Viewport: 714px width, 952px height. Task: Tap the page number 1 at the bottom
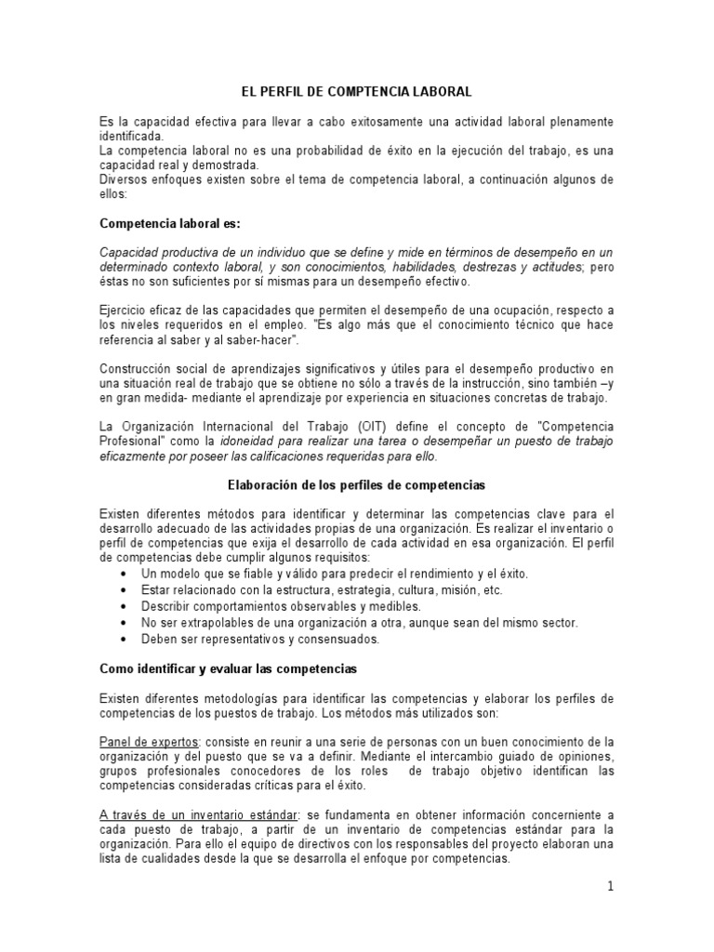pyautogui.click(x=610, y=887)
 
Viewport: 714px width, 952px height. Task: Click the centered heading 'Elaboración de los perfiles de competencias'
pyautogui.click(x=357, y=484)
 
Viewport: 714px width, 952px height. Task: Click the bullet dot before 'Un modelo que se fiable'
pyautogui.click(x=126, y=575)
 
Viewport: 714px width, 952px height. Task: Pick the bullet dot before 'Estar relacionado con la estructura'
pyautogui.click(x=126, y=590)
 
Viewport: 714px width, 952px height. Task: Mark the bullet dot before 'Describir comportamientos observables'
pyautogui.click(x=126, y=606)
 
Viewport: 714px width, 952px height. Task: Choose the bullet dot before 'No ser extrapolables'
pyautogui.click(x=126, y=622)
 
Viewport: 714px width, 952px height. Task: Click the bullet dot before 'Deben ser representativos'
pyautogui.click(x=126, y=639)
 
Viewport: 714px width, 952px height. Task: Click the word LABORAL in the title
pyautogui.click(x=440, y=93)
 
